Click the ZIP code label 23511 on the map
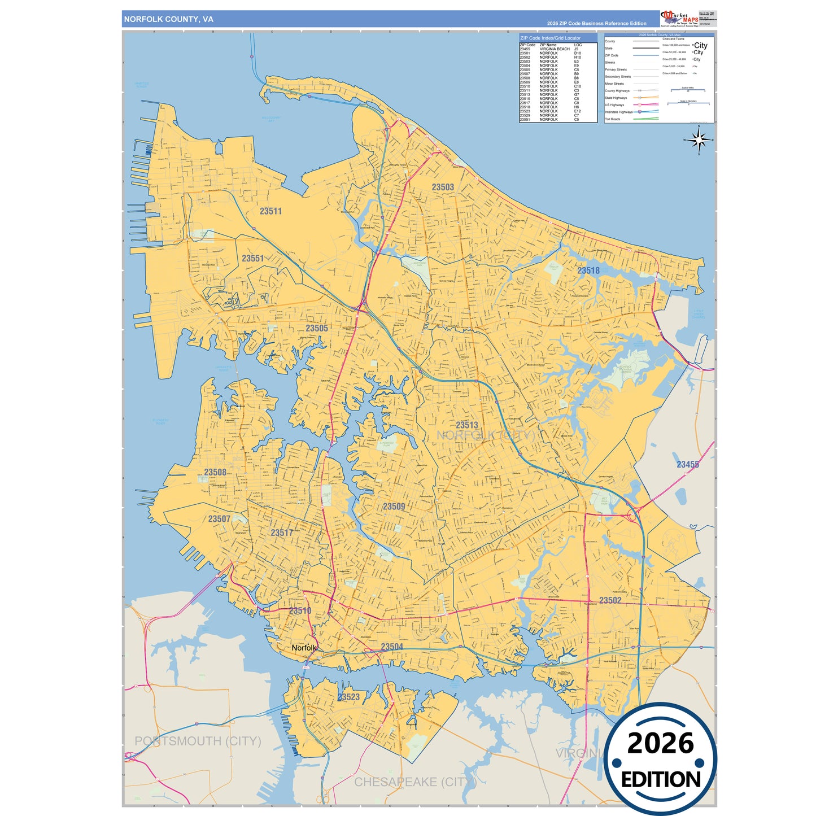point(270,211)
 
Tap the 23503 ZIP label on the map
point(443,187)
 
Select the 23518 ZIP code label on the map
point(588,270)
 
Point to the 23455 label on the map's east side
point(687,464)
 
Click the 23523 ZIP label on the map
point(349,697)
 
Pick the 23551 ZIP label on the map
point(253,258)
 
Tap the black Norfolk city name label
point(304,648)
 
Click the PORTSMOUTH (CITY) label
point(198,741)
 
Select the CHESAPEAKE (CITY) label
point(415,782)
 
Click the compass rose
point(699,139)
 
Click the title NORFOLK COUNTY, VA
point(169,19)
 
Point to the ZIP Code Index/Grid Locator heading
point(550,38)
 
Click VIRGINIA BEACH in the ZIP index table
point(555,49)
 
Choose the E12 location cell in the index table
point(577,111)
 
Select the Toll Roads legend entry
point(613,119)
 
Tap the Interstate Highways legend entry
point(619,112)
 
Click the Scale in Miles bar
point(688,90)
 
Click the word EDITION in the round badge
point(661,780)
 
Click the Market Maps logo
point(679,19)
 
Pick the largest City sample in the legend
point(700,45)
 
